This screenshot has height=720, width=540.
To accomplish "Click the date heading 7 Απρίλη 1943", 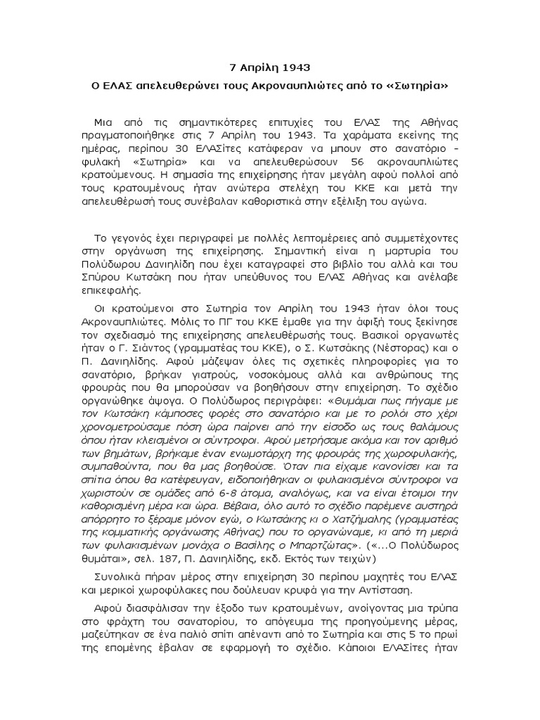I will (269, 68).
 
